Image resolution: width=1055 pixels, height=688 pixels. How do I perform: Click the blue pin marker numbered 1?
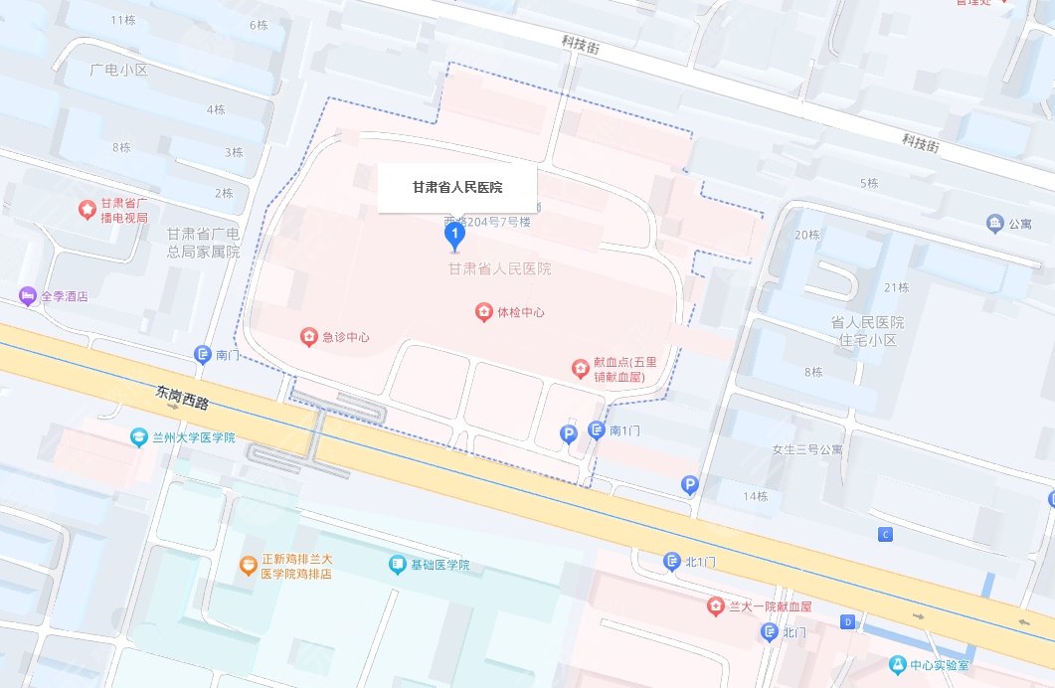point(454,235)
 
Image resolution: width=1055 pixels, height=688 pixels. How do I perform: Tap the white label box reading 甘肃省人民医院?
point(457,188)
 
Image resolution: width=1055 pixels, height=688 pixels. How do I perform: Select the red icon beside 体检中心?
point(483,312)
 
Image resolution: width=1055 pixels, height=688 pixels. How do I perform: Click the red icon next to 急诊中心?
point(308,337)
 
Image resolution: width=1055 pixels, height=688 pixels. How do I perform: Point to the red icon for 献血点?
point(579,370)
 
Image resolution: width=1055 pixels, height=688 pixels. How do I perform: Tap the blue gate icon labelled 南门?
point(203,355)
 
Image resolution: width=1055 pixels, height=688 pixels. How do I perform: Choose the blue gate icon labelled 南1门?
point(597,430)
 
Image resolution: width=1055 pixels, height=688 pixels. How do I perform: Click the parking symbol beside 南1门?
point(569,433)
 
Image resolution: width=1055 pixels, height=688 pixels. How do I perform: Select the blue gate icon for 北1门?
point(672,562)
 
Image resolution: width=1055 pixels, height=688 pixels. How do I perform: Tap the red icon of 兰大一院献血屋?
point(715,605)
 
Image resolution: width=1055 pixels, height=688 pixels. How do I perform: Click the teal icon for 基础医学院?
point(398,565)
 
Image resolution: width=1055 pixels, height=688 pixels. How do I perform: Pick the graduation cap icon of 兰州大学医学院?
point(139,437)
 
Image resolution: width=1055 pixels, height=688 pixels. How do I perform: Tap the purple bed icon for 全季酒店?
point(27,296)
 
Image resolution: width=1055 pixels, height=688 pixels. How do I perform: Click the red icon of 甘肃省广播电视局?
point(88,210)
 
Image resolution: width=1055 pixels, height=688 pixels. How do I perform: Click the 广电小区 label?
point(118,70)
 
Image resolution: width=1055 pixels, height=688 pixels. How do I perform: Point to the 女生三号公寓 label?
point(807,449)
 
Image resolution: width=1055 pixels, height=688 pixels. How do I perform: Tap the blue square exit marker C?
point(885,535)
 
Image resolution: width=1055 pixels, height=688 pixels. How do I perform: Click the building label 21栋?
point(896,287)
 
